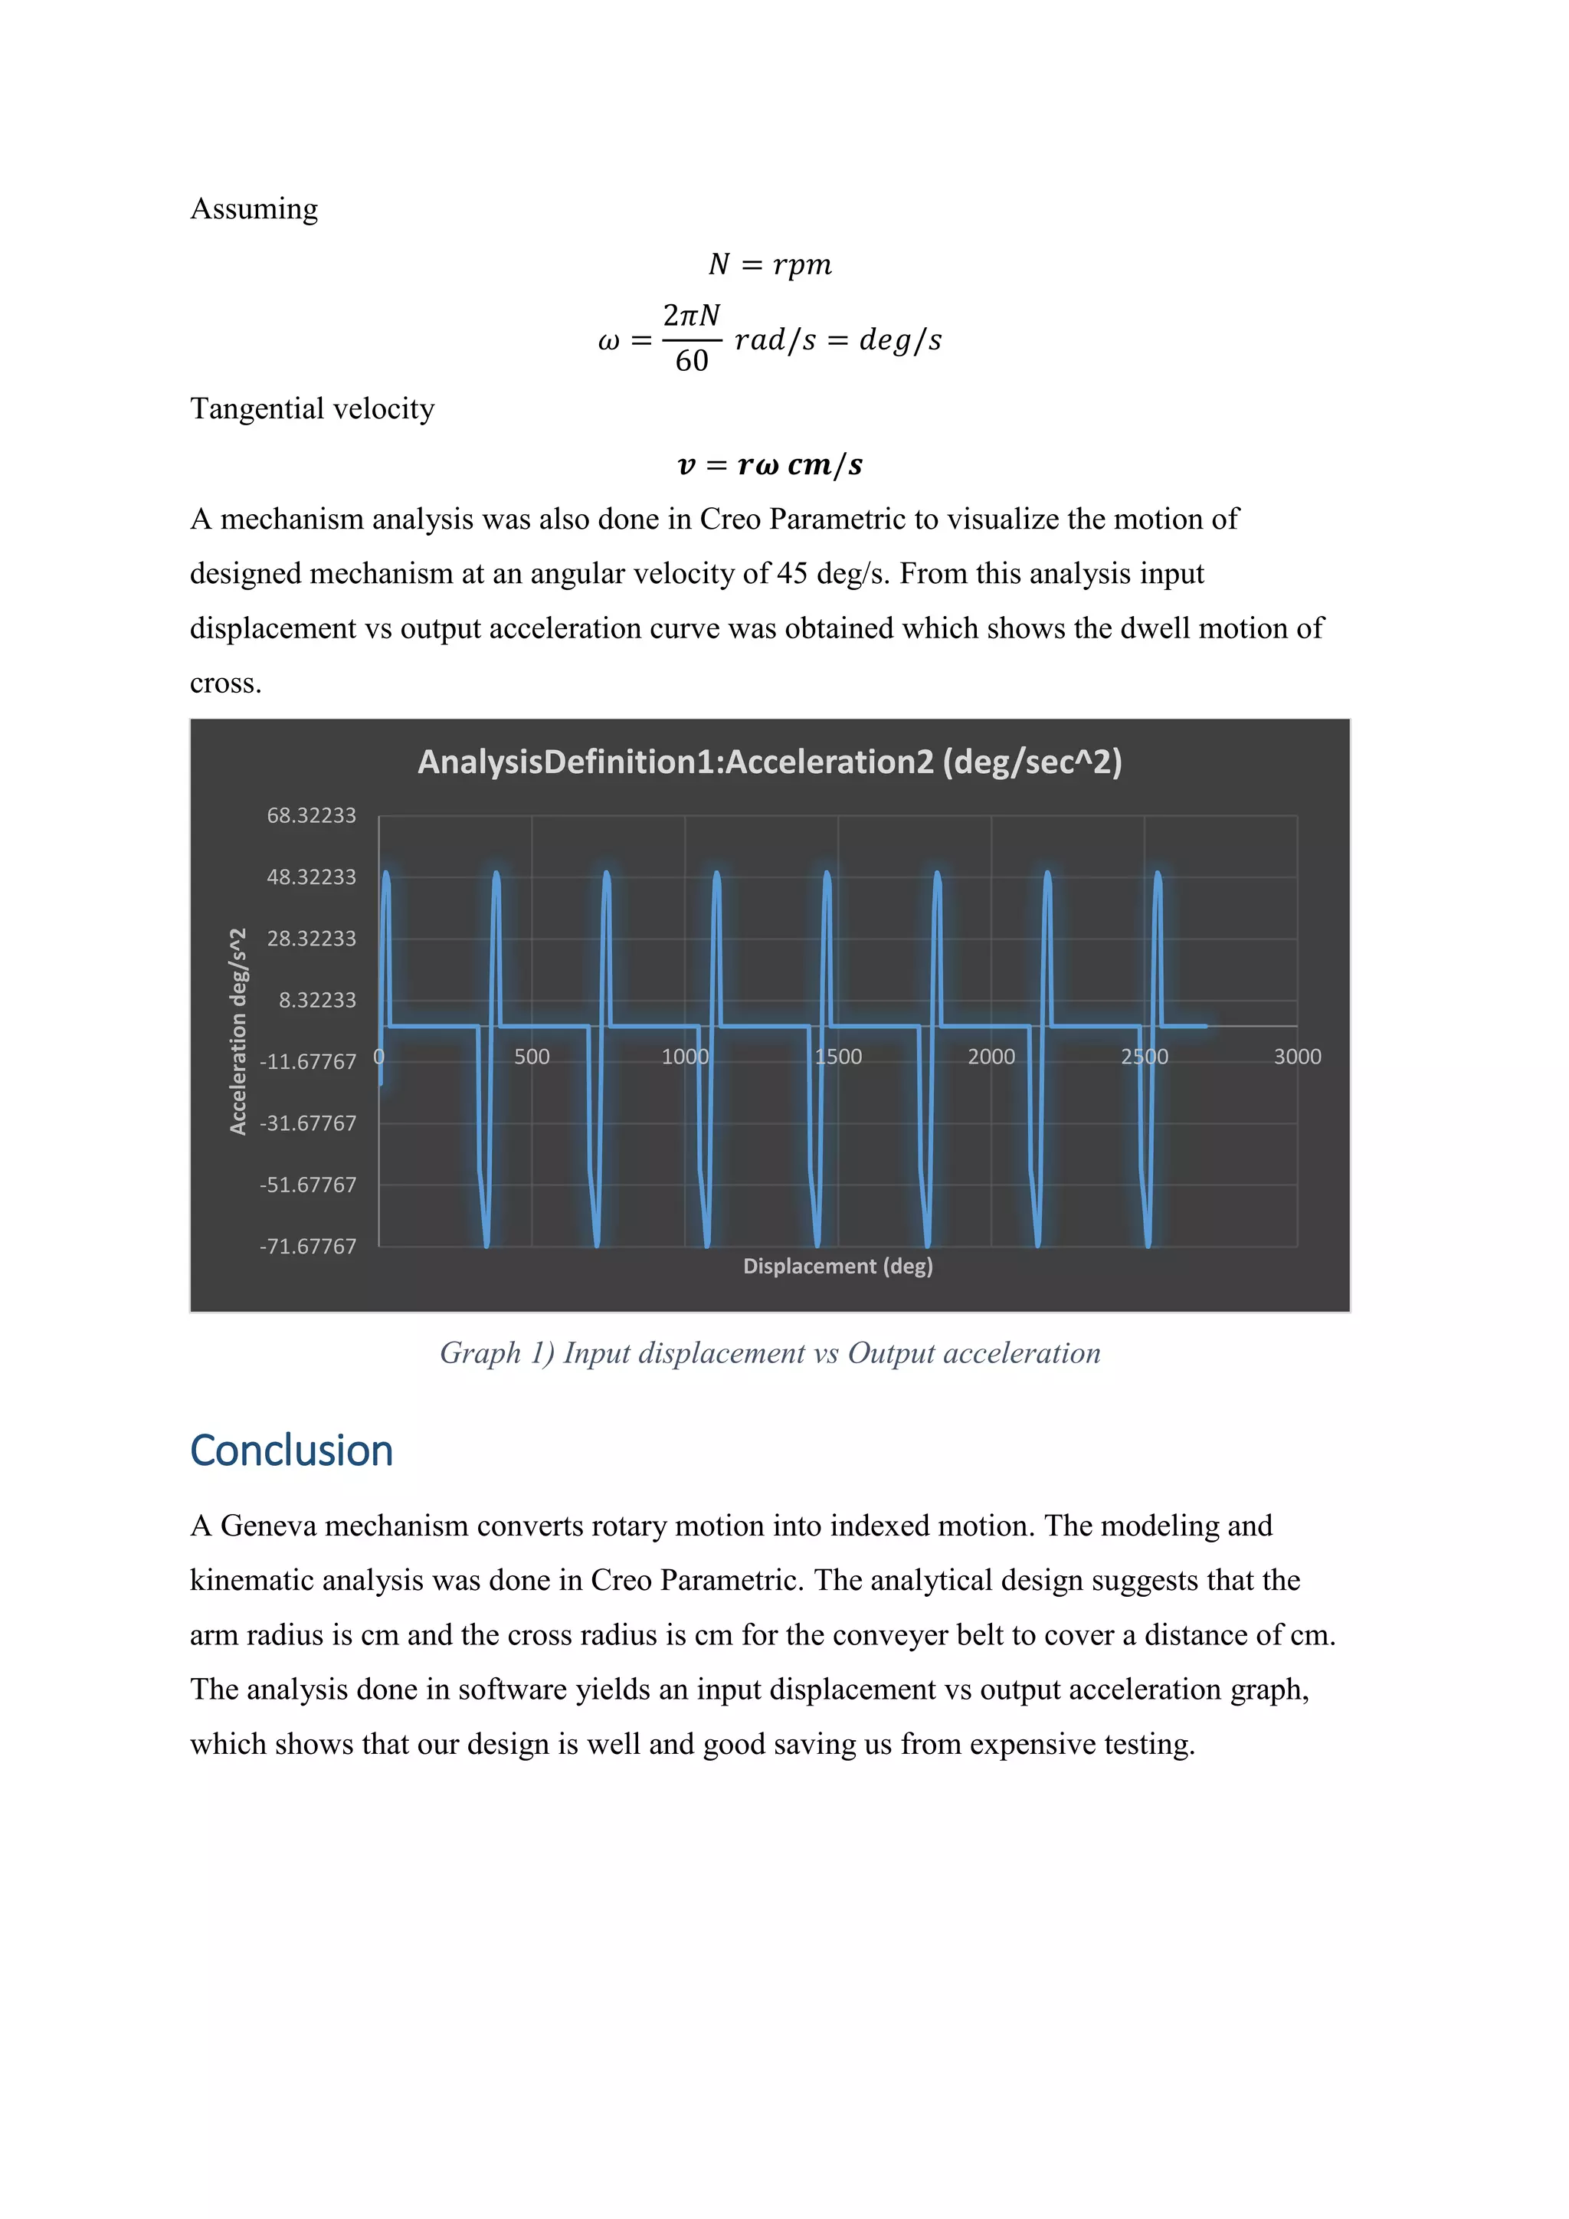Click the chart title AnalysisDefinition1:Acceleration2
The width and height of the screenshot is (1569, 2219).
(769, 762)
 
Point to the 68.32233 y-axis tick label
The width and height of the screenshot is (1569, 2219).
(311, 816)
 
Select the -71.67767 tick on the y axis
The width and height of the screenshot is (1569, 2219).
(307, 1247)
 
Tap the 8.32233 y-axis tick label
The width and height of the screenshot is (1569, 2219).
(317, 1000)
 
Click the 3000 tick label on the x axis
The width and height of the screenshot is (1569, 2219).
(1296, 1057)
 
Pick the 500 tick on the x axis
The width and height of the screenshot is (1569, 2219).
(532, 1057)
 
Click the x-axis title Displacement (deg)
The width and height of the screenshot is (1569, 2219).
(837, 1266)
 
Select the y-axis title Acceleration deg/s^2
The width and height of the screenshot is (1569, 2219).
(237, 1031)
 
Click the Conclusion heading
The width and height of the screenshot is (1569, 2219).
(292, 1452)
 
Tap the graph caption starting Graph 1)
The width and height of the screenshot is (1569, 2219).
(769, 1353)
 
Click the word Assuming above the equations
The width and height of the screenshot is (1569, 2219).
(254, 208)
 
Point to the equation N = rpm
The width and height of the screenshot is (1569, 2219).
(769, 265)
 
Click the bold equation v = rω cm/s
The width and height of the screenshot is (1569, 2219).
(769, 465)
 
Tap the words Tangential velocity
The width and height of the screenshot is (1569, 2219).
(312, 409)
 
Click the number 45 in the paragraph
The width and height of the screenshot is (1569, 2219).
(791, 574)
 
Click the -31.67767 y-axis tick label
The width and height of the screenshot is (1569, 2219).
(307, 1123)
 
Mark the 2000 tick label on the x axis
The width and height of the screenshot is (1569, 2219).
(991, 1057)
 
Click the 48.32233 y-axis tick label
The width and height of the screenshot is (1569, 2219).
(311, 877)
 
